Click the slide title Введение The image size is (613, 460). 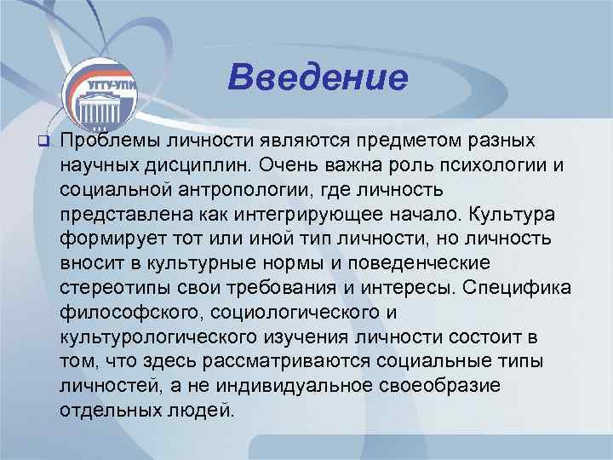(318, 78)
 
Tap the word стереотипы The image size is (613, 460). (111, 284)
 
